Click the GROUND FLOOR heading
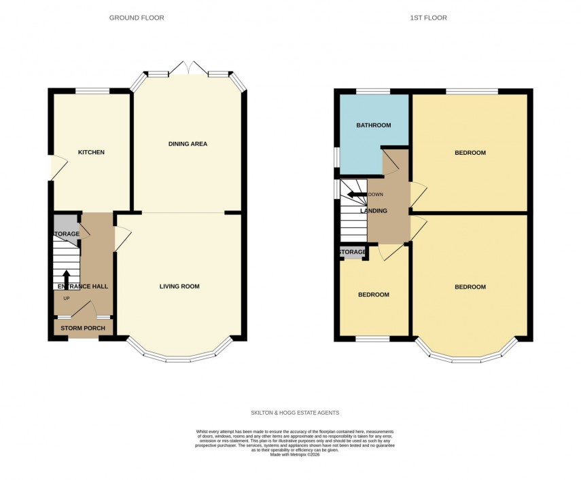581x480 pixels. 137,18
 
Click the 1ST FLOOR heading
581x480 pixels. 429,18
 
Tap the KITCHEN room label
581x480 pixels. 91,152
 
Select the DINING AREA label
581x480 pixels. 188,144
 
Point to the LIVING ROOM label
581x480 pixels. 179,287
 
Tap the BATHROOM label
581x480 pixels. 374,126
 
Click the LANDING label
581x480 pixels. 373,211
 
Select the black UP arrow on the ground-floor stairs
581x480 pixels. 66,278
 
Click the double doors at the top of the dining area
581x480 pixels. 189,69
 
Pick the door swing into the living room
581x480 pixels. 123,238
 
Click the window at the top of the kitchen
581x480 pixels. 92,90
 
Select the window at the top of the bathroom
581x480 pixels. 373,91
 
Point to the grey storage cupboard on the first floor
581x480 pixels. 353,253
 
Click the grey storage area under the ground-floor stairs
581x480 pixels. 65,225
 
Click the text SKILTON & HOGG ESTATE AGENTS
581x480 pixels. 294,413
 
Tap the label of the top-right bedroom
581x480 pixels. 470,153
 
